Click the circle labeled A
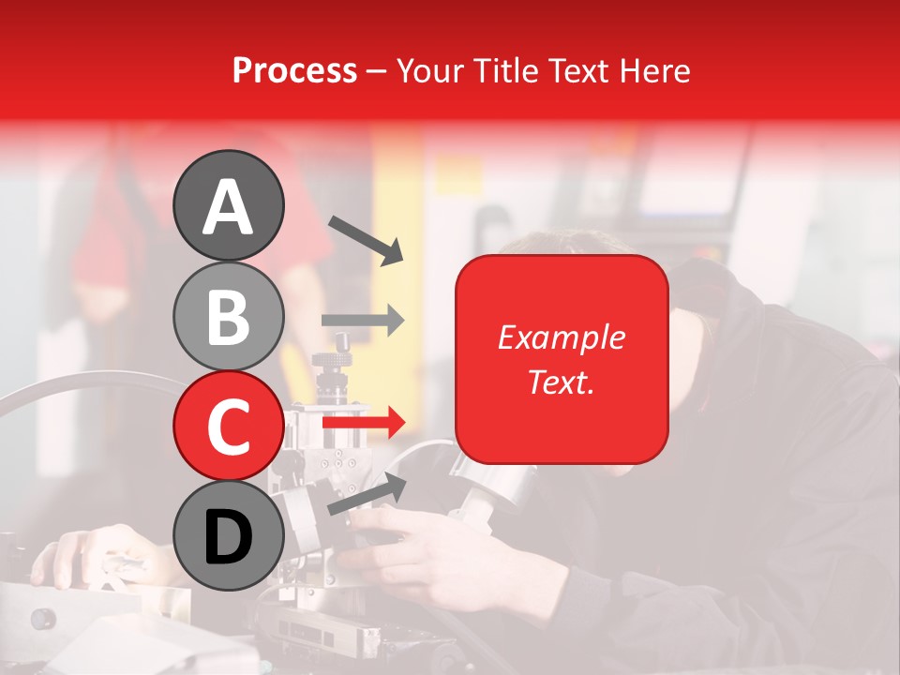tap(228, 205)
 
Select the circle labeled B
tap(228, 316)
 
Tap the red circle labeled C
tap(228, 425)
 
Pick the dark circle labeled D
tap(228, 535)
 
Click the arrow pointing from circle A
tap(365, 238)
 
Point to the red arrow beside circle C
tap(363, 423)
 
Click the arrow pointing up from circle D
tap(367, 494)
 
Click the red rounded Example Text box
tap(562, 359)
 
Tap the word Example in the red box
tap(562, 337)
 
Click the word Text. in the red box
tap(562, 382)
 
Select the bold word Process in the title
tap(294, 70)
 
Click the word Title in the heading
tap(511, 70)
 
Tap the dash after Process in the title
tap(377, 72)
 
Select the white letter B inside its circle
tap(228, 317)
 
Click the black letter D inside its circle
tap(228, 537)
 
